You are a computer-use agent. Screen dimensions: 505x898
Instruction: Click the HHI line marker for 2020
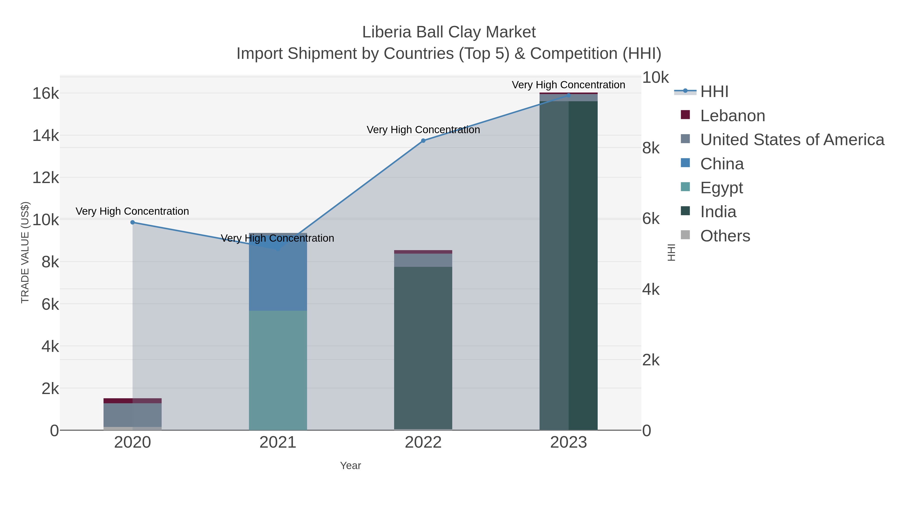point(132,222)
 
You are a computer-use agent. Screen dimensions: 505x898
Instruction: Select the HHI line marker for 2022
point(423,141)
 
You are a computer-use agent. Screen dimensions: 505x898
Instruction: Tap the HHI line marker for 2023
point(568,95)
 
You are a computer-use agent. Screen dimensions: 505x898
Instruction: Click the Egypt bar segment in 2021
point(278,370)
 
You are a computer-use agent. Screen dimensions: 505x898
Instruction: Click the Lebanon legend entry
point(732,116)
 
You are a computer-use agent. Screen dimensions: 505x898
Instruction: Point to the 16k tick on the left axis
point(46,94)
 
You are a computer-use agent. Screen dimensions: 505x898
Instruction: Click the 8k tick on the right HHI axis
point(651,148)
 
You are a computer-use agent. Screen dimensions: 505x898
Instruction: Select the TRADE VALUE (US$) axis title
point(25,252)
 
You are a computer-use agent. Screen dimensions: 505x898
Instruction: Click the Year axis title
point(350,466)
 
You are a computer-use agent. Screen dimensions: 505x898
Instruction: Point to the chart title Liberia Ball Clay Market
point(449,32)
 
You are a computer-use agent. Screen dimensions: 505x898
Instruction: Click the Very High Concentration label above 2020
point(132,211)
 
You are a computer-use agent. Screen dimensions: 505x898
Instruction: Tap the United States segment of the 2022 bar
point(423,260)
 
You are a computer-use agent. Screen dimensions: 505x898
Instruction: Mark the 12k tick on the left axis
point(46,178)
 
